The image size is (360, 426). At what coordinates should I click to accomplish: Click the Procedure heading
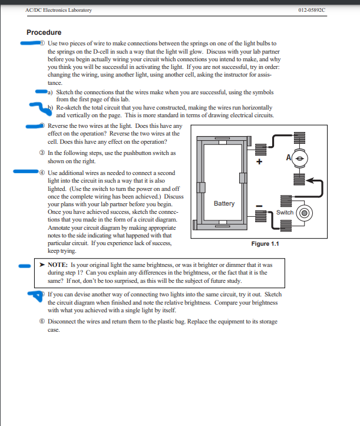(44, 32)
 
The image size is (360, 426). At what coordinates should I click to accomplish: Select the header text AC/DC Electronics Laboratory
(59, 11)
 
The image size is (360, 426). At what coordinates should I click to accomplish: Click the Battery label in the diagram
(224, 203)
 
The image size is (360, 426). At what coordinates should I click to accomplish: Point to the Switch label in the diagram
(285, 212)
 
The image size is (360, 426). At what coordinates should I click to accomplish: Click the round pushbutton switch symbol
(305, 213)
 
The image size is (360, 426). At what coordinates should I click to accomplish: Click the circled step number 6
(39, 322)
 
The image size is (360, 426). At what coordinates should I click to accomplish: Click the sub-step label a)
(51, 93)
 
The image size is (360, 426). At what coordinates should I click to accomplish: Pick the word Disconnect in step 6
(62, 322)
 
